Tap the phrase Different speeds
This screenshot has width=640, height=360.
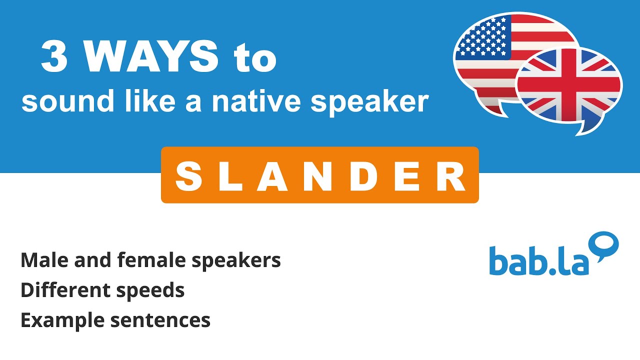click(x=102, y=290)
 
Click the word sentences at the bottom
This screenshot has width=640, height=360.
click(x=160, y=320)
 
